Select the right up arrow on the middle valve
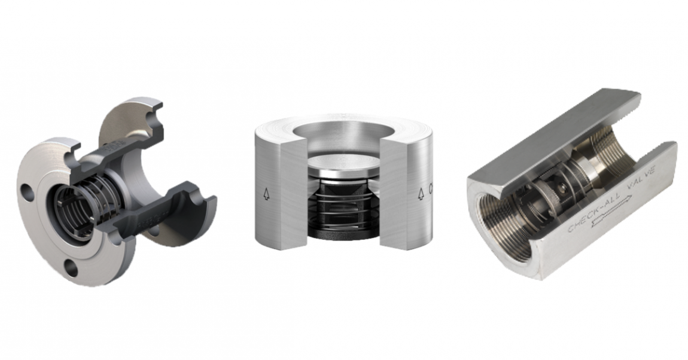421,193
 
